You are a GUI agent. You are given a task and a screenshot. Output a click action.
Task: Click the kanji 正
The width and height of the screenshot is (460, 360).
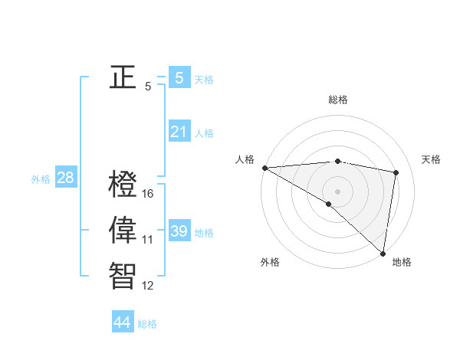coord(123,77)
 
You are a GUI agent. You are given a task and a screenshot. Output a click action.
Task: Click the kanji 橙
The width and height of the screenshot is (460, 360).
coord(123,185)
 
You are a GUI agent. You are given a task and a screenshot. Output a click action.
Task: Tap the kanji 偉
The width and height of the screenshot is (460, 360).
coord(123,230)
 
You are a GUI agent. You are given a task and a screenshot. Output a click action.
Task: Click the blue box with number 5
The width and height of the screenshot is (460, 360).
coord(179,77)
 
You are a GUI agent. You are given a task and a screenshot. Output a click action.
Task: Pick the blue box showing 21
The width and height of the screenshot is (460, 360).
coord(179,132)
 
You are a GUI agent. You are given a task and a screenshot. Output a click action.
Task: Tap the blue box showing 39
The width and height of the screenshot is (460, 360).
coord(179,231)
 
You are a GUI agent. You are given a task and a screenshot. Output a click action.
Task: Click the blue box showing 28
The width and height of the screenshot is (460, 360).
coord(65,178)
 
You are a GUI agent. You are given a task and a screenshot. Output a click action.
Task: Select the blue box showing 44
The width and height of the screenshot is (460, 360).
coord(122,322)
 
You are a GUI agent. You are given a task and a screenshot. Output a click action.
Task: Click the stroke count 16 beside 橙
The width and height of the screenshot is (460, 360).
coord(148,194)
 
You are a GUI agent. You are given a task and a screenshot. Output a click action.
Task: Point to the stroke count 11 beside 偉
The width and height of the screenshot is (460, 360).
coord(148,240)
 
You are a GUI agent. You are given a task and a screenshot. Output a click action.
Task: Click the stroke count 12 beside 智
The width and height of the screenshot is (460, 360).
coord(148,286)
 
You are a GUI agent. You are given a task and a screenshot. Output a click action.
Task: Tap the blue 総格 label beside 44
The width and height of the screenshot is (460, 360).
coord(147,324)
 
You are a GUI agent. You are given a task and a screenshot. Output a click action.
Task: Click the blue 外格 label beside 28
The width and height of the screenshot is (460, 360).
coord(41,179)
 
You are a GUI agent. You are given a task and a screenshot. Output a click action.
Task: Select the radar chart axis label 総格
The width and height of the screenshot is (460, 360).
coord(338,100)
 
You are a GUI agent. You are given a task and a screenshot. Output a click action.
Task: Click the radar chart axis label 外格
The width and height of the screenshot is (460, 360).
coord(270,263)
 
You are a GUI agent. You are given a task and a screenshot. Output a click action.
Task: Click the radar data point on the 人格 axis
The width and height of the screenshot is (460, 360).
coord(264,168)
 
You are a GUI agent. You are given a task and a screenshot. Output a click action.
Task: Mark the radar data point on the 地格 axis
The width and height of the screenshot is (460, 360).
coord(383,253)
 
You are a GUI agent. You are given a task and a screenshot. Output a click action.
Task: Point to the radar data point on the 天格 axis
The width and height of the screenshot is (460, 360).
coord(396,172)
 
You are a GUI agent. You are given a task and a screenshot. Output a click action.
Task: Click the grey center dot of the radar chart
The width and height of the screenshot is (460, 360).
coord(337,191)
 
